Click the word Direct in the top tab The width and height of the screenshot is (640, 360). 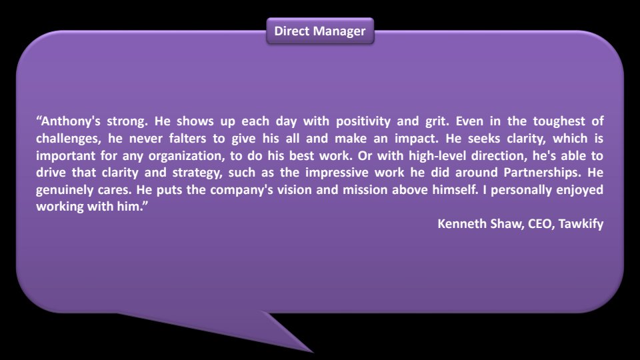tap(289, 31)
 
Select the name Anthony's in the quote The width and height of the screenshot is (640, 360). tap(71, 121)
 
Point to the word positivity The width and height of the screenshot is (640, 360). tap(363, 121)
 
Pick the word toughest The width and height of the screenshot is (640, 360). tap(559, 121)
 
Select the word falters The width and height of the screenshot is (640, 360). tap(188, 139)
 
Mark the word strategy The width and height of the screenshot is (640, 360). tap(197, 173)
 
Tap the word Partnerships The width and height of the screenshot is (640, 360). tap(542, 173)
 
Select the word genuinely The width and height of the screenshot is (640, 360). tap(65, 190)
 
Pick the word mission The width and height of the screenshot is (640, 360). tap(365, 190)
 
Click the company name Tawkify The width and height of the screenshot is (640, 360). tap(581, 224)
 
